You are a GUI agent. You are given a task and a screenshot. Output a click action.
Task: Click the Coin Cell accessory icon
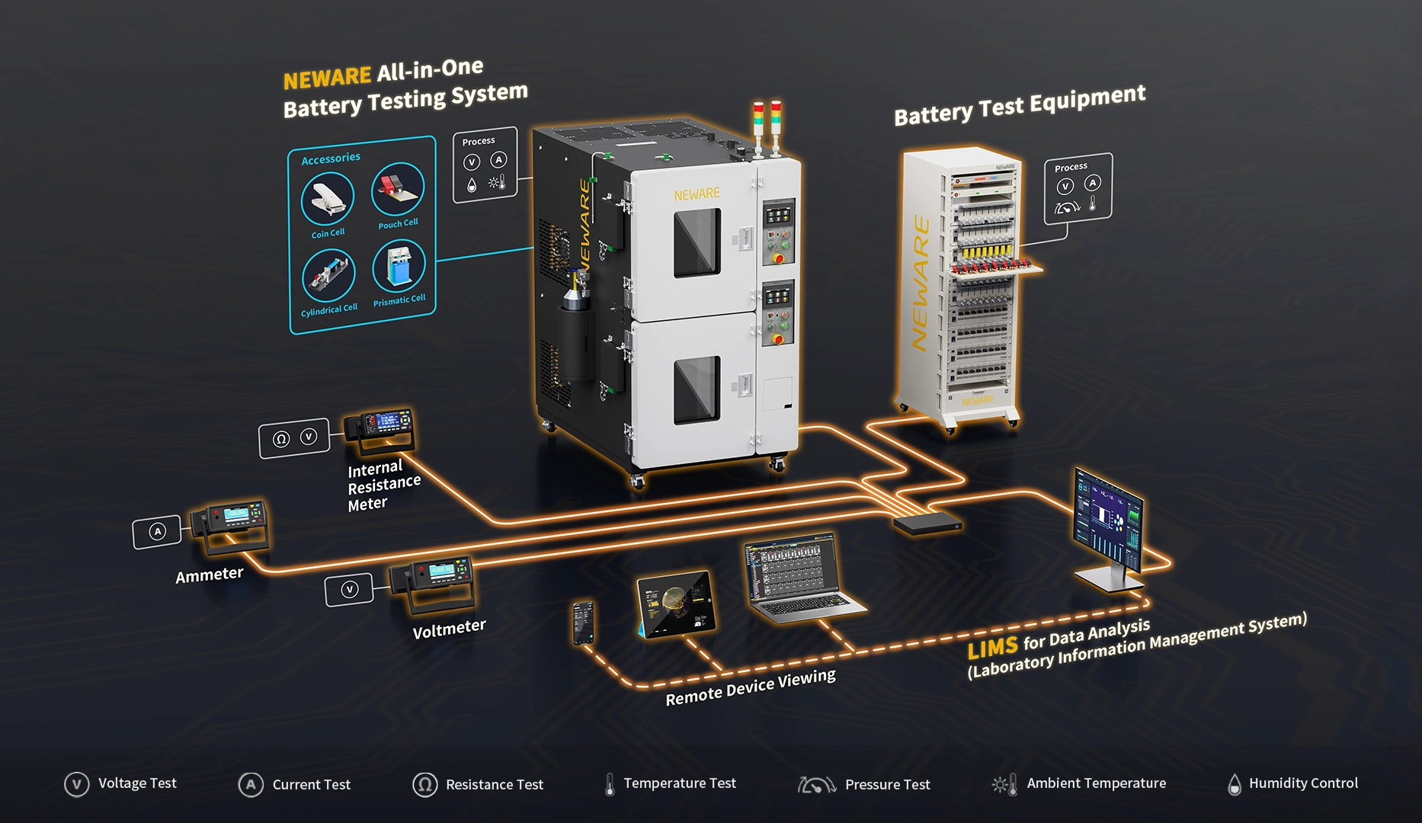click(x=328, y=198)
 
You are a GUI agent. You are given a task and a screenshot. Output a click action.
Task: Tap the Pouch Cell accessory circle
click(x=398, y=189)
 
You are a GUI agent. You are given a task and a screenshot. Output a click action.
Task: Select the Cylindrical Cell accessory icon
click(x=328, y=275)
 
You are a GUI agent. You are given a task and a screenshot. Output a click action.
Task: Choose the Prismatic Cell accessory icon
click(x=399, y=265)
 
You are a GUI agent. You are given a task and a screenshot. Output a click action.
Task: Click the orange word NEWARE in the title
click(x=327, y=78)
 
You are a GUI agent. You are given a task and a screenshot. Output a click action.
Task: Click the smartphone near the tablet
click(x=583, y=623)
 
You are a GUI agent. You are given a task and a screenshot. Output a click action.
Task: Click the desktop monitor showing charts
click(x=1109, y=526)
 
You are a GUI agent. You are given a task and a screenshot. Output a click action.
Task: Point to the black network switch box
click(x=927, y=523)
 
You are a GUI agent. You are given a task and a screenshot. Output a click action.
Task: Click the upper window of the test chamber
click(x=697, y=243)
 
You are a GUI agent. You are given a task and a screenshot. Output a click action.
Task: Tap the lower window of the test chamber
click(x=697, y=389)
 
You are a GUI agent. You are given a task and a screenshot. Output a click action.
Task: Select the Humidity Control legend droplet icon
click(x=1235, y=784)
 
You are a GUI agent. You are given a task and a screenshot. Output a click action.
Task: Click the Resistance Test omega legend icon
click(x=424, y=784)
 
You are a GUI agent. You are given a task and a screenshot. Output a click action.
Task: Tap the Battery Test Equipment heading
click(x=1020, y=105)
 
